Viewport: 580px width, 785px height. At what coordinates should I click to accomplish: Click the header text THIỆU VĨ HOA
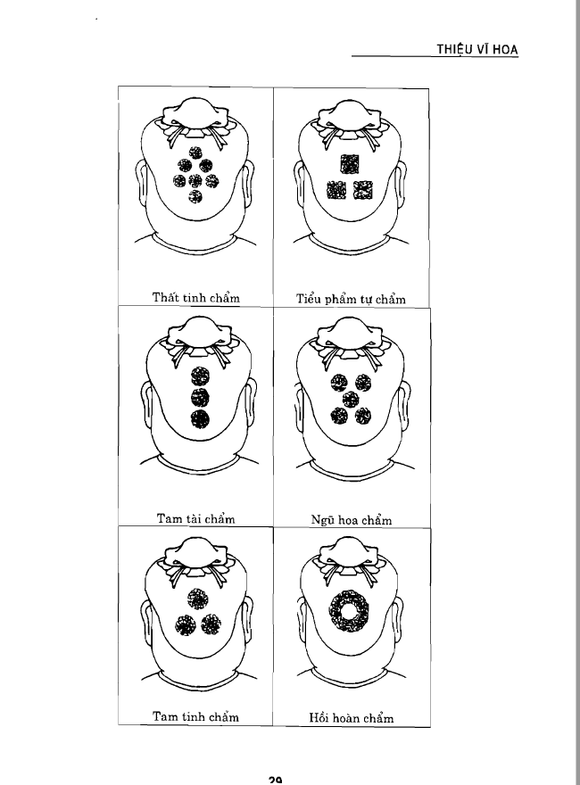point(476,49)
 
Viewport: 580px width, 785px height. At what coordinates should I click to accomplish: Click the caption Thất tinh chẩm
point(195,297)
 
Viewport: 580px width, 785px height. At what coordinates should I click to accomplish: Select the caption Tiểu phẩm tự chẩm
point(351,299)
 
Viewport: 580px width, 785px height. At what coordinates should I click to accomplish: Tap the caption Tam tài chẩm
point(195,518)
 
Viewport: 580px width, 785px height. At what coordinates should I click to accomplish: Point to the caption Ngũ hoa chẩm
point(351,520)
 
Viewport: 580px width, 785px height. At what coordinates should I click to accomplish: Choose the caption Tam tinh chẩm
point(195,716)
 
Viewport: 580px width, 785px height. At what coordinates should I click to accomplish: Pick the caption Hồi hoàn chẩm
point(351,718)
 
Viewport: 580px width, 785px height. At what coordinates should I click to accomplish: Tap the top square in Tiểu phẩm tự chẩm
point(350,164)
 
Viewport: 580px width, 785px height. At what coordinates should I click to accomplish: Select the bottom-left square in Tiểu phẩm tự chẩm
point(336,190)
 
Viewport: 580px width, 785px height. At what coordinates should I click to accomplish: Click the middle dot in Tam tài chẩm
point(200,397)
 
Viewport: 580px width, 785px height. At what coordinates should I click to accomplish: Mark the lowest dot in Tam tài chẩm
point(200,418)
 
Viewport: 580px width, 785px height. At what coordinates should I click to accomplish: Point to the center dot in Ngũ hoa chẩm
point(351,399)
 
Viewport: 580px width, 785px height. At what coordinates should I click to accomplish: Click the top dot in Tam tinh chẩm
point(198,599)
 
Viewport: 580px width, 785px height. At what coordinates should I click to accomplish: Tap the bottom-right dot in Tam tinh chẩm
point(211,624)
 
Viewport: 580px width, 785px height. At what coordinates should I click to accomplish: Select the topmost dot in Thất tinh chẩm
point(195,153)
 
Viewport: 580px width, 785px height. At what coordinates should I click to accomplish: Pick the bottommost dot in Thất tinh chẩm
point(195,196)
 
